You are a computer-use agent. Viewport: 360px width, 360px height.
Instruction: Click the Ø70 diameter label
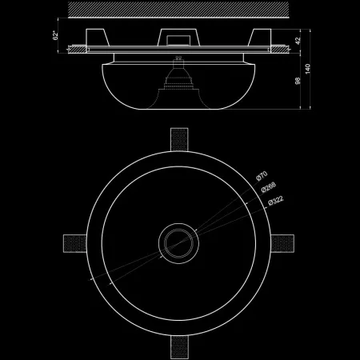pos(262,174)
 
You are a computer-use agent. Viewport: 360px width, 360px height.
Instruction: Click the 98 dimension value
pos(297,81)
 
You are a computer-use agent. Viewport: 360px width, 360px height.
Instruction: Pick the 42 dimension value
pos(297,40)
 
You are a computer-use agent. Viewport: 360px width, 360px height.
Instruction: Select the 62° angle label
pos(58,37)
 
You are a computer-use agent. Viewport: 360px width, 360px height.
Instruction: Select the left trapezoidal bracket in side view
pos(98,37)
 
